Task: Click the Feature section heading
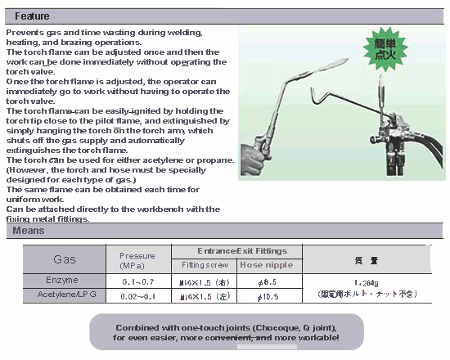pos(32,16)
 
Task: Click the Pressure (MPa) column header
pos(137,259)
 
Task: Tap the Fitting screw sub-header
pos(203,265)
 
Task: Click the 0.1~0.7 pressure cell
pos(137,281)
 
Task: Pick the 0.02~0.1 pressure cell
pos(137,295)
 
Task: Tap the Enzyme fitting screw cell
pos(203,281)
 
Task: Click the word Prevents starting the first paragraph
pos(23,32)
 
